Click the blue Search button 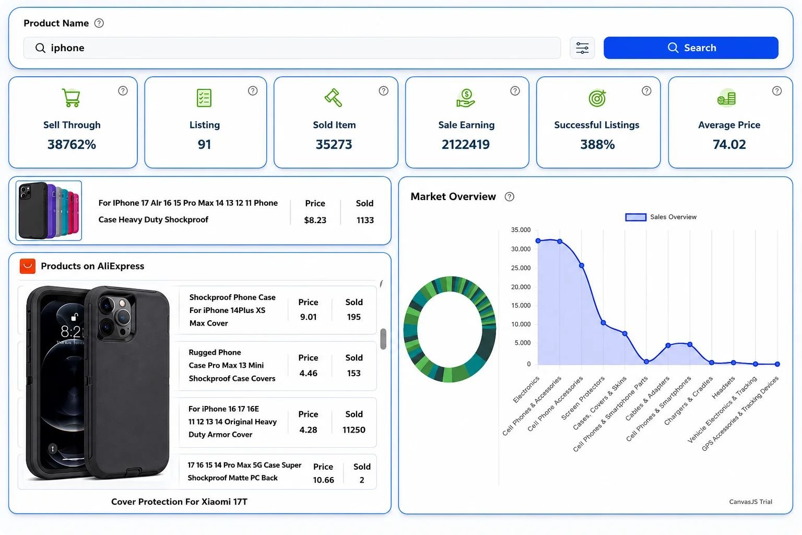click(691, 48)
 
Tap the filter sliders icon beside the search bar click(582, 48)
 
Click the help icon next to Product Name click(99, 24)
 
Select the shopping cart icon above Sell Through click(71, 98)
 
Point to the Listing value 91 click(205, 144)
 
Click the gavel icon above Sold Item click(333, 98)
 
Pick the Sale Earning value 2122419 click(465, 144)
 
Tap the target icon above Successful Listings click(597, 98)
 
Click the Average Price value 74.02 click(729, 144)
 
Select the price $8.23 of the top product click(315, 220)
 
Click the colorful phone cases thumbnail click(49, 211)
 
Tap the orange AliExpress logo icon click(28, 266)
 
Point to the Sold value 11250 click(353, 429)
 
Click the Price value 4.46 click(308, 373)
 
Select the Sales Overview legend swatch click(635, 217)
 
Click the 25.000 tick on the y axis click(521, 268)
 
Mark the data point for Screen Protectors click(603, 323)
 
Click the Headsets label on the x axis click(723, 387)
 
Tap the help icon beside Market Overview click(510, 197)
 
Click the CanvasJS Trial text click(750, 502)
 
